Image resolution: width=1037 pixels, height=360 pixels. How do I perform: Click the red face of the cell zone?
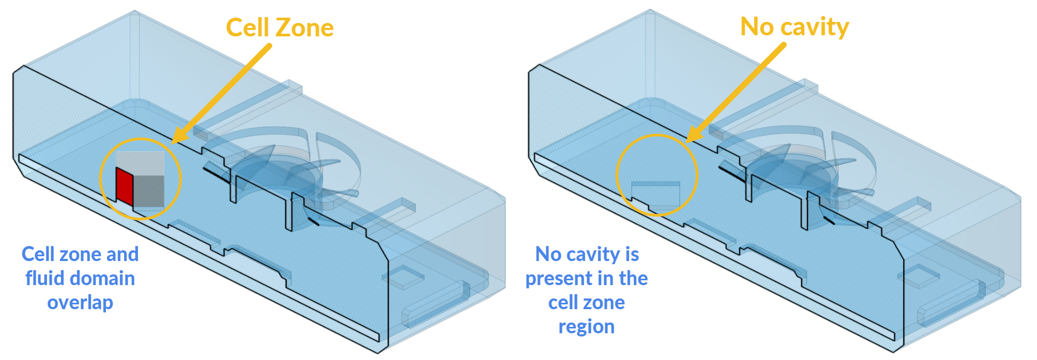(x=125, y=186)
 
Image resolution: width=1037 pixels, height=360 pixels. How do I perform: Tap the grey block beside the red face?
(x=149, y=191)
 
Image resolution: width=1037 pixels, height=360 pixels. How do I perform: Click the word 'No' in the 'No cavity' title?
(x=757, y=27)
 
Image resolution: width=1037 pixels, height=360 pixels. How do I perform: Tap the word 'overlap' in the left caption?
(x=80, y=303)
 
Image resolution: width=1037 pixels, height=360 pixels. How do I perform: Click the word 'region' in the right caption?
(x=586, y=327)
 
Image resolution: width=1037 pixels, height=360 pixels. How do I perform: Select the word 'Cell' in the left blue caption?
(x=40, y=255)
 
